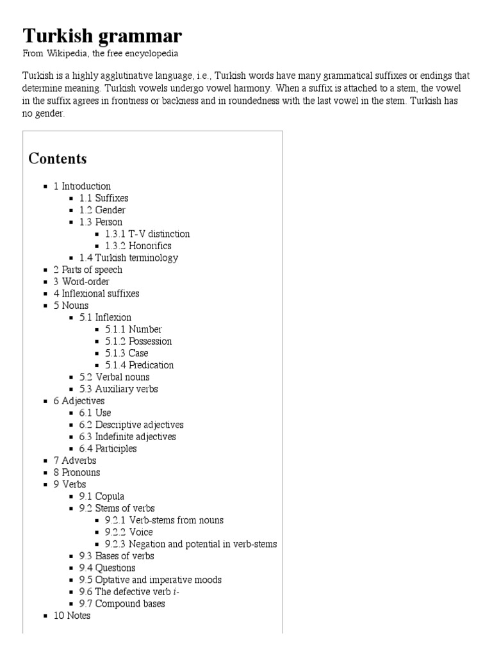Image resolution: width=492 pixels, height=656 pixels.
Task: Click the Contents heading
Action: (58, 158)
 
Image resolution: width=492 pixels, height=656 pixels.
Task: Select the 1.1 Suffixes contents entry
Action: (104, 198)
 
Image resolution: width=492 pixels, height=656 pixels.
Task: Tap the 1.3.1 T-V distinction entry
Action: (147, 234)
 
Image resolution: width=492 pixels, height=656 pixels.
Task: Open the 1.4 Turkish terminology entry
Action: (129, 258)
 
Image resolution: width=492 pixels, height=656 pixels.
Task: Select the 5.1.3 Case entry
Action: (126, 353)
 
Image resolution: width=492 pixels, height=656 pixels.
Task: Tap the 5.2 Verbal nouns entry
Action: (114, 377)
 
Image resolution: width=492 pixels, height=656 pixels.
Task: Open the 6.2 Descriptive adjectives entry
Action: (131, 425)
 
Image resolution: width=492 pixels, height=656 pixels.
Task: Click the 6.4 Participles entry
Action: (108, 448)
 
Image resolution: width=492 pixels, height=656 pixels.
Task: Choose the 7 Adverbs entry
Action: (75, 460)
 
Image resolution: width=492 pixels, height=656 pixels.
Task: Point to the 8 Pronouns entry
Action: (77, 472)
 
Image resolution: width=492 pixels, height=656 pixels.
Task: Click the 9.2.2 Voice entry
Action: (129, 532)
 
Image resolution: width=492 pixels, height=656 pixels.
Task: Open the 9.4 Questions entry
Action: (107, 568)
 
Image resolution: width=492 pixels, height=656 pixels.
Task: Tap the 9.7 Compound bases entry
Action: (122, 603)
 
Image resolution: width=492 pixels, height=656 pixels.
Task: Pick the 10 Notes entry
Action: (72, 616)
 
